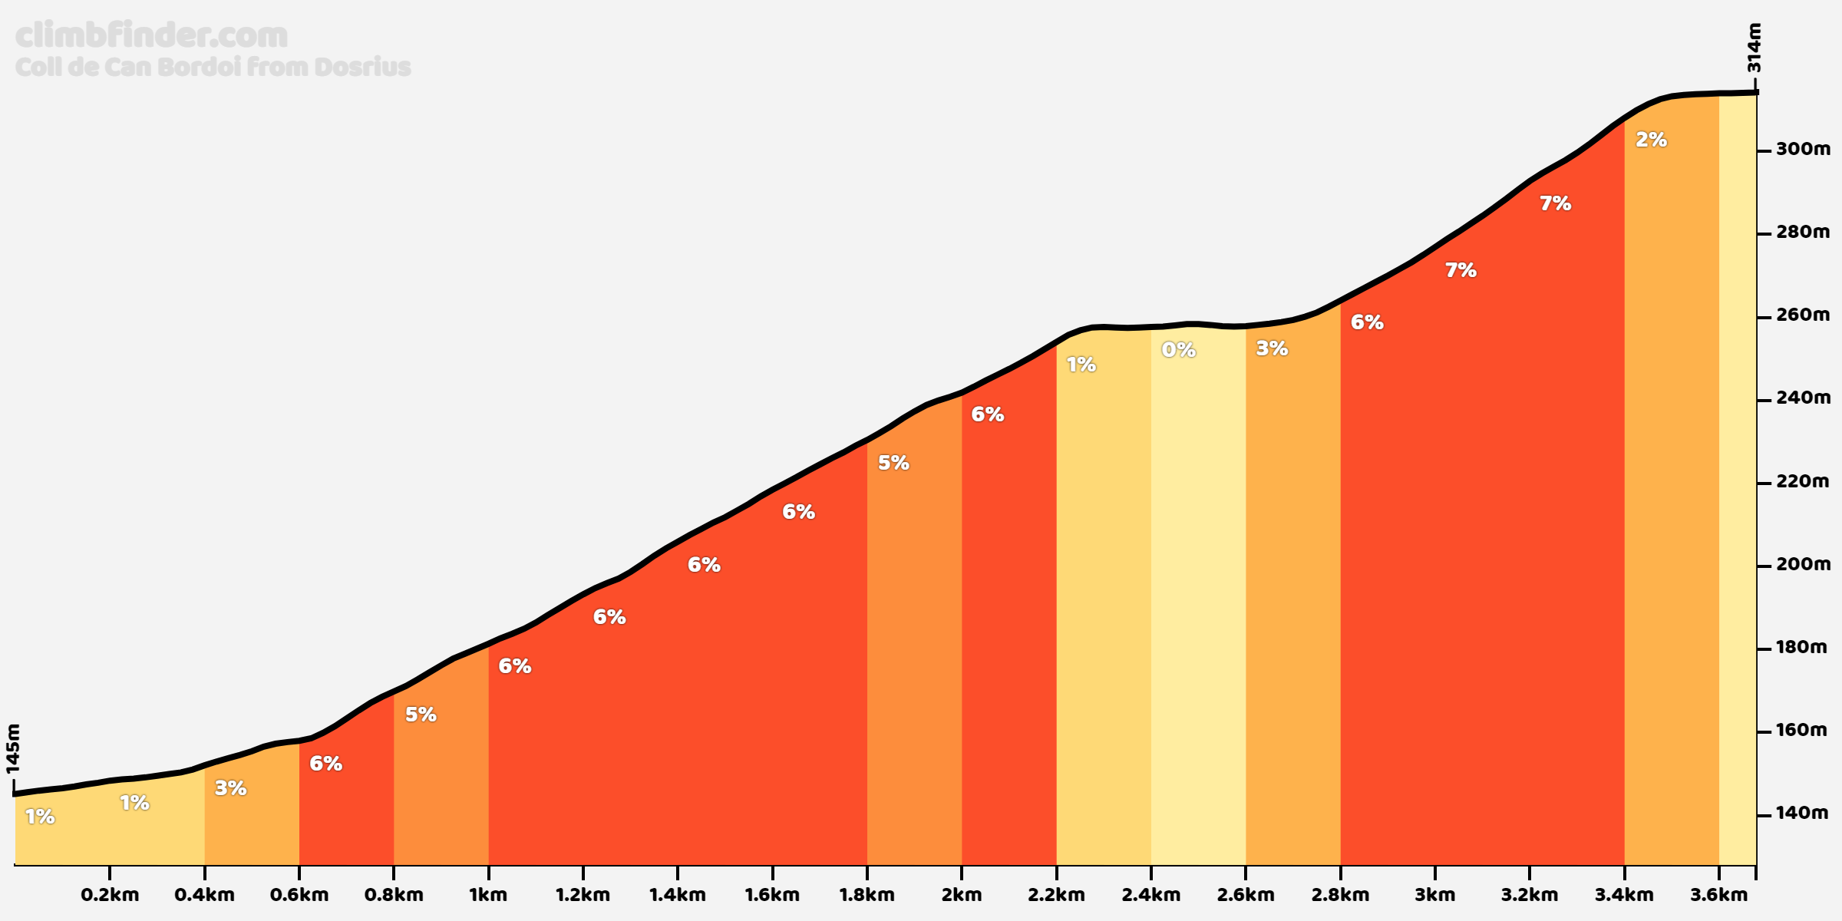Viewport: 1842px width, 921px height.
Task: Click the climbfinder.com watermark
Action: pos(151,35)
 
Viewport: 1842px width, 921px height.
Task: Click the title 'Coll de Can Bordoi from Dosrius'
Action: pos(213,68)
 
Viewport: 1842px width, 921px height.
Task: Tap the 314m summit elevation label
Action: pos(1755,48)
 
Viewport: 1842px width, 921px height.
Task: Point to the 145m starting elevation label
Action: pos(13,748)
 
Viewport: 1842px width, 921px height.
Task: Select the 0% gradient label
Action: pos(1178,350)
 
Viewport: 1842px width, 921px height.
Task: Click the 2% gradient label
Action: pos(1651,140)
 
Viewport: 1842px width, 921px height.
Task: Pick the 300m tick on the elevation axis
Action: pos(1803,149)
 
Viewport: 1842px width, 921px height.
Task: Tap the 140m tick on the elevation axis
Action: pos(1801,813)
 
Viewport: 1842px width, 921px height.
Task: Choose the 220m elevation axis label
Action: pos(1803,481)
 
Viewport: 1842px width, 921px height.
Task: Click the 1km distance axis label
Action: pos(488,895)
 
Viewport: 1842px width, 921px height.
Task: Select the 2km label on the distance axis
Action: pos(962,895)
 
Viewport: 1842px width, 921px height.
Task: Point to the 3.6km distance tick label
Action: pos(1719,895)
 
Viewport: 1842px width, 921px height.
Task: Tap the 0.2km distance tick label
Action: pos(110,895)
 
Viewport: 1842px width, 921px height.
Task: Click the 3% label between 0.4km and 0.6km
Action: pos(230,788)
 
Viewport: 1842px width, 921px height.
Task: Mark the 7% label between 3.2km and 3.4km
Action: pos(1555,203)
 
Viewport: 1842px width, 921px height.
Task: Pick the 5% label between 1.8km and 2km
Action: pos(893,463)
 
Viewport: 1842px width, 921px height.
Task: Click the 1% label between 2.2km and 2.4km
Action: pos(1081,365)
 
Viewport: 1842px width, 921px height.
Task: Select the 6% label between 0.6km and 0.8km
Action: pos(325,763)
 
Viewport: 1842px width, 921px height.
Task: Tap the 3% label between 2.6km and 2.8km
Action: pos(1272,348)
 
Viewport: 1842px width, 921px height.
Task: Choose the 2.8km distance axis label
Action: pos(1340,895)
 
